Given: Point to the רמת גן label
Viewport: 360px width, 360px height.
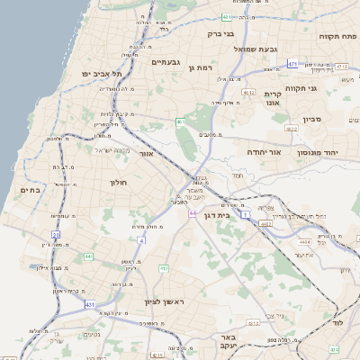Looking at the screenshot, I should [200, 67].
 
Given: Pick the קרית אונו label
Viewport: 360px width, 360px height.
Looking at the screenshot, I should [273, 98].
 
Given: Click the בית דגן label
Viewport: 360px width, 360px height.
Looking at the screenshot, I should [238, 215].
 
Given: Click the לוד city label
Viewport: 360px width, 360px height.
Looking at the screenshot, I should [338, 321].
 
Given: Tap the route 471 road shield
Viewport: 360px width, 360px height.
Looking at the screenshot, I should [292, 64].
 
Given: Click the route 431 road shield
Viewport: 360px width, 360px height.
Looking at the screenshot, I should [91, 305].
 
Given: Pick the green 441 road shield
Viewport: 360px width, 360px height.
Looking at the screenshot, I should [87, 257].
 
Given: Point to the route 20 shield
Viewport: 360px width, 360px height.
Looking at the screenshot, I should [56, 235].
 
